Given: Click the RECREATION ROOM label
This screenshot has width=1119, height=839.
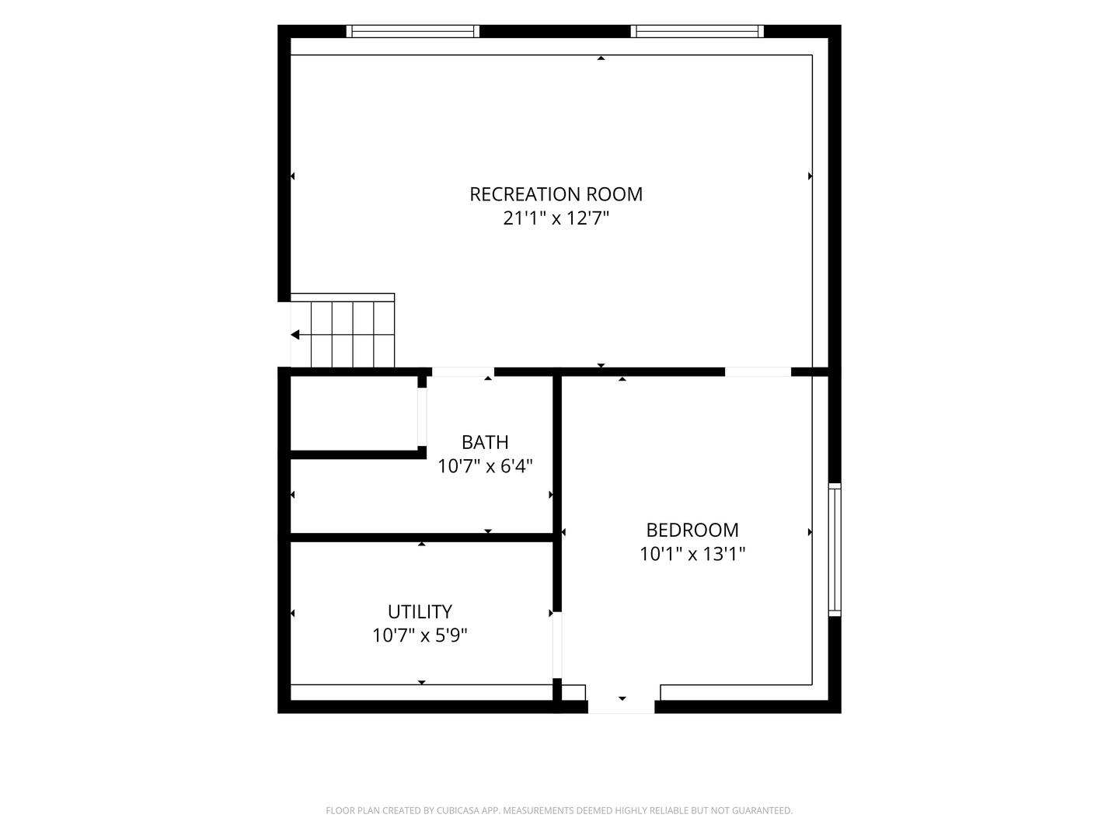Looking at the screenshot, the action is pos(556,194).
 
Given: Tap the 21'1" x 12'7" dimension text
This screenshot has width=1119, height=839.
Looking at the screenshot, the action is pos(556,218).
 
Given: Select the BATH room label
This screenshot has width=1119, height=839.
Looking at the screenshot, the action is pos(485,442).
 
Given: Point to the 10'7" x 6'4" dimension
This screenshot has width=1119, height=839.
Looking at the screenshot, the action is pos(485,465).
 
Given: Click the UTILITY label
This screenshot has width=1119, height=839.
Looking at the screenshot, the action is pos(420,611).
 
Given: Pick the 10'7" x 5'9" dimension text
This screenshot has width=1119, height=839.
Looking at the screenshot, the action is pos(420,635).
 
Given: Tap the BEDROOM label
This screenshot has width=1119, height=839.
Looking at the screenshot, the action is pos(692,530).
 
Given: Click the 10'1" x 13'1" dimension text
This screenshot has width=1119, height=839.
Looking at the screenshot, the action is pos(692,554).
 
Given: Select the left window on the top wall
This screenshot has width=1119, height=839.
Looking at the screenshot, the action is pos(413,31).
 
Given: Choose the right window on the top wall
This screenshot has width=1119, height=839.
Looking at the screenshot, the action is pos(697,31).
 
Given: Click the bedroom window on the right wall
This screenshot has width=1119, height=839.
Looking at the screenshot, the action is pos(835,550).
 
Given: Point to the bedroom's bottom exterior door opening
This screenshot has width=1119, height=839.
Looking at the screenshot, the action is pos(622,707).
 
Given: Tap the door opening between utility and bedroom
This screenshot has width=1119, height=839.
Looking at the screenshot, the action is pos(557,645).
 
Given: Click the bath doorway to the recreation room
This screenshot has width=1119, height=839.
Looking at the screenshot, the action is pos(463,372).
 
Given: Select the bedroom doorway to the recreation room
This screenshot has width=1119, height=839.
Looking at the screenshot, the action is pos(758,372).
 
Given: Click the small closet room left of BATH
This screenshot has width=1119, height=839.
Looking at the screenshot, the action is pos(354,413).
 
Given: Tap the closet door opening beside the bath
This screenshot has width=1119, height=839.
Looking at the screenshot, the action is pos(422,416).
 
